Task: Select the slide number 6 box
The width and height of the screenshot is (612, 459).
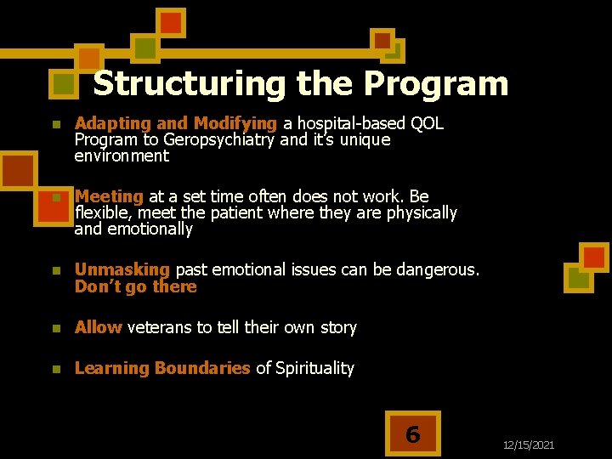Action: (412, 434)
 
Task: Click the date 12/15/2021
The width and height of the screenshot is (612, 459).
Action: (528, 445)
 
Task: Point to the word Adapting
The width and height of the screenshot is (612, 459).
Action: (107, 124)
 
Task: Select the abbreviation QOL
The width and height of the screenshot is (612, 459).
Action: (427, 124)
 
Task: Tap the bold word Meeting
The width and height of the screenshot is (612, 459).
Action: (109, 196)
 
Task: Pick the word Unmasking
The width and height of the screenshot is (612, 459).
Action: (122, 269)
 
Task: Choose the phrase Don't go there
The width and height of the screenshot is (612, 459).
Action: (136, 286)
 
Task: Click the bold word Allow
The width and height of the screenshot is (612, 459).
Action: (98, 327)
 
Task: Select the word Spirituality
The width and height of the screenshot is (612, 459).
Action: (314, 368)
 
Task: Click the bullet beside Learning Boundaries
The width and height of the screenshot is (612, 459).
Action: (55, 369)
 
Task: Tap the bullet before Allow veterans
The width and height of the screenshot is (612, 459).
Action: (55, 328)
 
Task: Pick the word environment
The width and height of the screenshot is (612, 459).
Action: (122, 156)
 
